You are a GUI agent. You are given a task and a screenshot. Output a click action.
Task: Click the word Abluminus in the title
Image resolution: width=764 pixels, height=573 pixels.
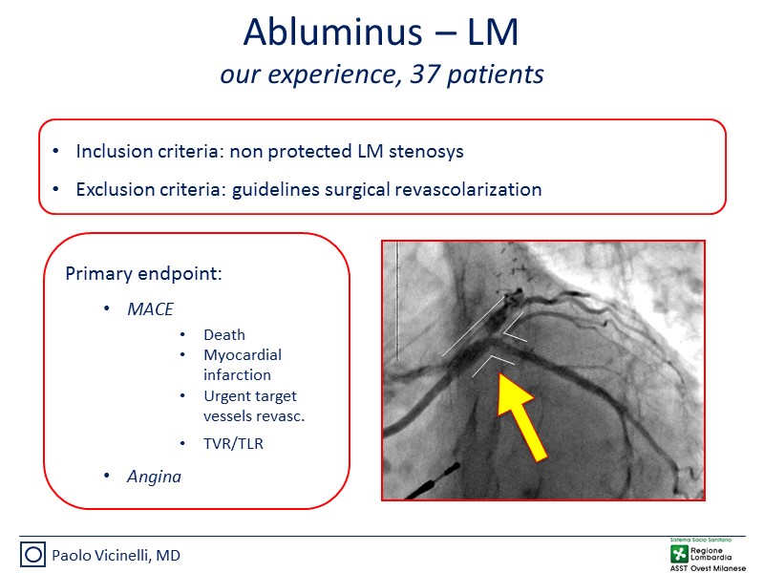click(x=332, y=32)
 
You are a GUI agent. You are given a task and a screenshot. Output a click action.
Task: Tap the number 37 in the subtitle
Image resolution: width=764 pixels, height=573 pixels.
click(x=425, y=74)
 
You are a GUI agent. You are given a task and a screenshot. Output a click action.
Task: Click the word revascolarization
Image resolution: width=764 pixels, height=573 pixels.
click(x=468, y=189)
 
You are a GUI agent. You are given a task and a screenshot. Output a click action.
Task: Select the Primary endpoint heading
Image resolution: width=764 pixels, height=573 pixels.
click(x=144, y=274)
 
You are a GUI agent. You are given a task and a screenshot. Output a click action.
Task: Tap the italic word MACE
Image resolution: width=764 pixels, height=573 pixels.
click(x=150, y=309)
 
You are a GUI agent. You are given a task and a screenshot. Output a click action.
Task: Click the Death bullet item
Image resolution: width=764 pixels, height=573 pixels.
click(x=224, y=335)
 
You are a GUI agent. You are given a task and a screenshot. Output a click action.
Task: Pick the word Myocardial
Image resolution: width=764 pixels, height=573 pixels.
click(x=243, y=355)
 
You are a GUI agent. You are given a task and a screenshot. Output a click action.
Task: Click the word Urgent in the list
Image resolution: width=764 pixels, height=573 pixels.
click(x=224, y=396)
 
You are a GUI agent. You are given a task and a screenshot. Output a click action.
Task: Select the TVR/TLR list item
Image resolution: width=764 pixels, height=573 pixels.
click(x=233, y=443)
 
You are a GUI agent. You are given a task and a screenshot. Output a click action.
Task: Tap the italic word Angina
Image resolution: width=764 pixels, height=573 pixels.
click(x=154, y=477)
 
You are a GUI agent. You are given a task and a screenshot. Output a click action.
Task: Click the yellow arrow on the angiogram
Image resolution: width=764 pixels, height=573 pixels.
click(x=520, y=415)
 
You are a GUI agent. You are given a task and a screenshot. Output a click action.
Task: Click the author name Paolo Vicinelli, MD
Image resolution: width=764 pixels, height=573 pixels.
click(x=116, y=556)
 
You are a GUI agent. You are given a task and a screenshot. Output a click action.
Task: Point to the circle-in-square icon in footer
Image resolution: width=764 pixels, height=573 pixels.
click(x=33, y=555)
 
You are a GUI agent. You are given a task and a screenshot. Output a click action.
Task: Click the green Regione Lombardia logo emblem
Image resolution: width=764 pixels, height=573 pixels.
click(x=679, y=554)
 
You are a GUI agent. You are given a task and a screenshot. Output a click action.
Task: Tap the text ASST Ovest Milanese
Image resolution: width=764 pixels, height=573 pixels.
click(x=708, y=568)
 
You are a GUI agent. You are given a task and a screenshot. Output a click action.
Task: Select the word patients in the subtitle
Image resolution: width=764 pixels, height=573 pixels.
click(x=495, y=75)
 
